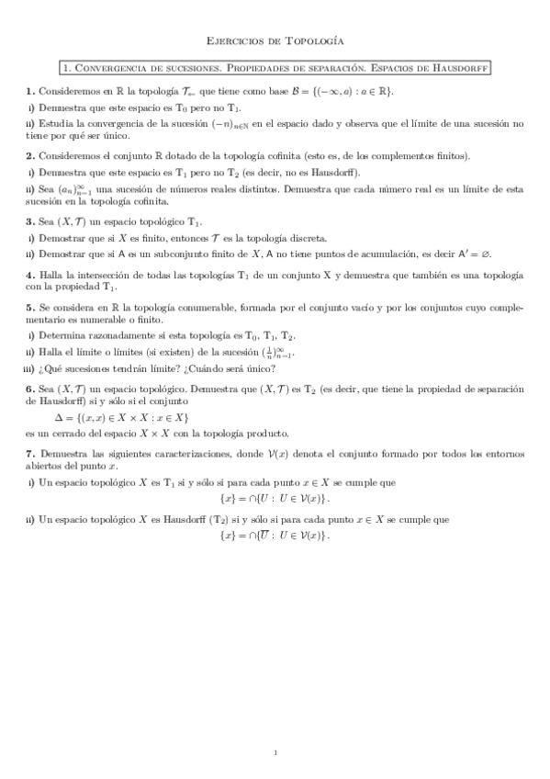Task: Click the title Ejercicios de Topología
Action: coord(275,40)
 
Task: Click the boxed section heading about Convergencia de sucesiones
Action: coord(275,67)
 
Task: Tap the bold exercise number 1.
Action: coord(30,91)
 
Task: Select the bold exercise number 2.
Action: coord(30,155)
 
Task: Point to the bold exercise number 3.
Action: coord(30,220)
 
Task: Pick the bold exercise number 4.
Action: coord(30,276)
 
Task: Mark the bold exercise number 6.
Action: coord(30,389)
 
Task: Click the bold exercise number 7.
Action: coord(30,454)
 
